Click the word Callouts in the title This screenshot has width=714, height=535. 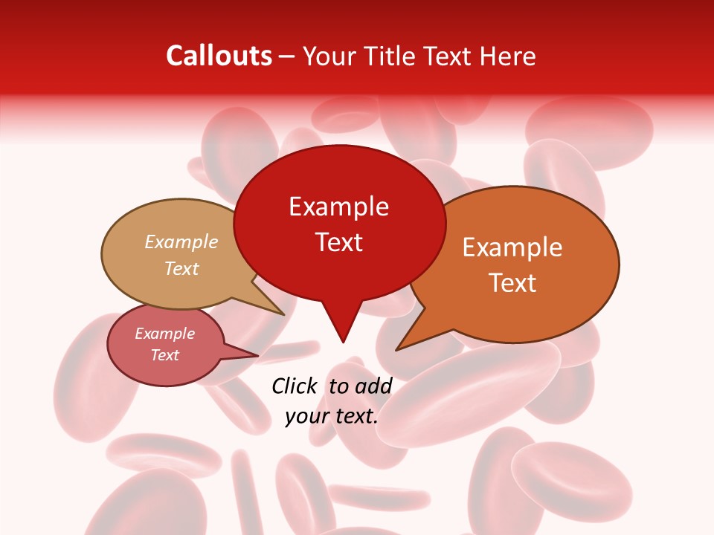(x=219, y=56)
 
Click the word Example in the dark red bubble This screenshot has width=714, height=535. (x=338, y=207)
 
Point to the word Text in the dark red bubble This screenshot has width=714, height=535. (x=339, y=242)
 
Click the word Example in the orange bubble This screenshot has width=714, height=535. (x=512, y=247)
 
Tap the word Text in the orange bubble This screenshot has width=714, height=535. (x=512, y=283)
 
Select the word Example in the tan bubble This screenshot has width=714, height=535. (x=181, y=242)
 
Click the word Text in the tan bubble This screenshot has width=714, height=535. (x=181, y=269)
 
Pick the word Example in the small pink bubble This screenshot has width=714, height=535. (x=164, y=334)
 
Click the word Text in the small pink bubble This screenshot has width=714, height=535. (x=164, y=355)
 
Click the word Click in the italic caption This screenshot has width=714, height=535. (x=295, y=386)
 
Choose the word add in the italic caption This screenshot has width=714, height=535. (x=374, y=386)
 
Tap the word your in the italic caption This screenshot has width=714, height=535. (x=306, y=415)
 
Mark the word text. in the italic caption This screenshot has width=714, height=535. (x=356, y=415)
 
